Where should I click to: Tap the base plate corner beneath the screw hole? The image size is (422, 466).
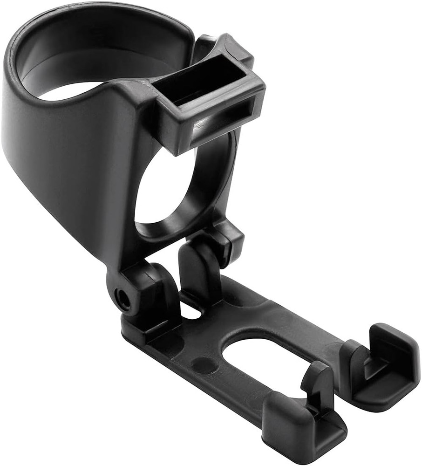[135, 331]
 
